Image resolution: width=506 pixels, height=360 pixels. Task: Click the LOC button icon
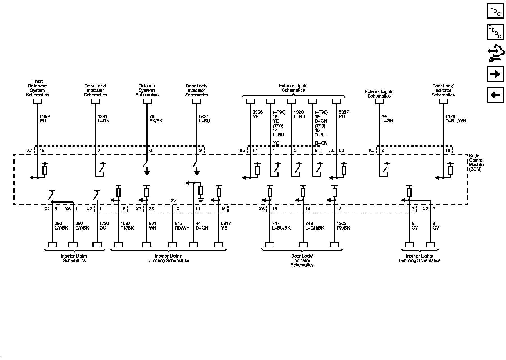tap(495, 11)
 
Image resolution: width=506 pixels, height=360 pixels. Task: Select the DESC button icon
tap(495, 31)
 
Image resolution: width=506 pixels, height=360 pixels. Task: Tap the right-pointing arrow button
tap(495, 74)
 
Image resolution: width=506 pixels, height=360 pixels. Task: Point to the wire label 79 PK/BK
tap(156, 119)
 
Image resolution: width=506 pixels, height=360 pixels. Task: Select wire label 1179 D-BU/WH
tap(455, 119)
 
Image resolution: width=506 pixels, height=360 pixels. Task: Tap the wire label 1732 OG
tap(104, 226)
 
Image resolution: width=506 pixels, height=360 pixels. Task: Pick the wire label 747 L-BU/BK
tap(281, 226)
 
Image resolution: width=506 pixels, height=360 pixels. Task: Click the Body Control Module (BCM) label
tap(476, 163)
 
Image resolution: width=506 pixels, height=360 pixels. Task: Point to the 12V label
tap(172, 201)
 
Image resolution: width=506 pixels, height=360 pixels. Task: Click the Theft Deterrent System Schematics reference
tap(37, 88)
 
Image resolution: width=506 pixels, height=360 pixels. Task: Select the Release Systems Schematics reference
tap(147, 90)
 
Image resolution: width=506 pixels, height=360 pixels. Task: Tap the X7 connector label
tap(30, 150)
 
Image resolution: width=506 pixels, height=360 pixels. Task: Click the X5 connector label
tap(242, 150)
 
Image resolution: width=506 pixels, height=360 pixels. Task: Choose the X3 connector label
tap(139, 209)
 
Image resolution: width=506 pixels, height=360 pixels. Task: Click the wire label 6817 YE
tap(226, 226)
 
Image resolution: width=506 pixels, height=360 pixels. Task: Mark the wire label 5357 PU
tap(344, 114)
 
